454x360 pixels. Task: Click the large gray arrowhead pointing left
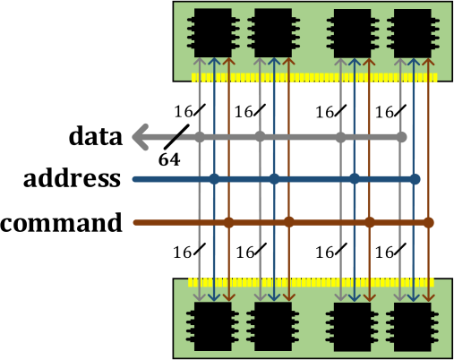141,137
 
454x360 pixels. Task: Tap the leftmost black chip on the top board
213,33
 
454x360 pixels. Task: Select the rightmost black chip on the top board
413,33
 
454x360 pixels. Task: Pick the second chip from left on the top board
273,33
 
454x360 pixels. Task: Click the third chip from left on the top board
353,33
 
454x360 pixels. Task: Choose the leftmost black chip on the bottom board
213,326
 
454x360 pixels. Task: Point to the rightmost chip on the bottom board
413,326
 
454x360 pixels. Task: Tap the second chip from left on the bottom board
273,326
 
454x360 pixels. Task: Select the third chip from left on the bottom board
353,326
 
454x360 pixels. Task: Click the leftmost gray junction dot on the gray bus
200,137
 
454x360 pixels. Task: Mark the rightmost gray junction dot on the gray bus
401,137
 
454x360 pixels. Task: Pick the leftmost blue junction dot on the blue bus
214,179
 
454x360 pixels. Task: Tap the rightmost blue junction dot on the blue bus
415,179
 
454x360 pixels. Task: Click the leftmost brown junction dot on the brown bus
228,222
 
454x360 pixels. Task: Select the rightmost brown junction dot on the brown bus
428,222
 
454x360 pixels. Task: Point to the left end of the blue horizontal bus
136,179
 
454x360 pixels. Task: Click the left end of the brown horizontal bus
136,222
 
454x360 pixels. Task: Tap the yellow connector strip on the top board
313,78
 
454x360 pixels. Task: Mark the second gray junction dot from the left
260,137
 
